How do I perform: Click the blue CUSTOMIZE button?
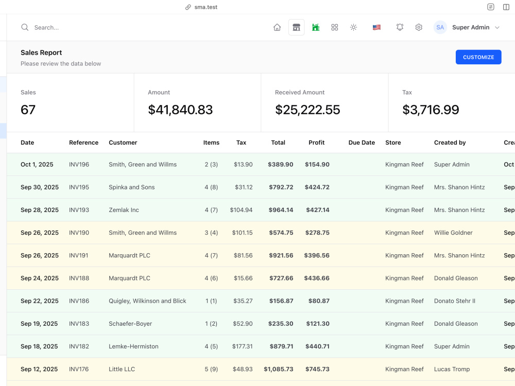pyautogui.click(x=478, y=57)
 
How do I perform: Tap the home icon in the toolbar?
pyautogui.click(x=277, y=27)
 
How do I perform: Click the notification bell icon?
pyautogui.click(x=400, y=27)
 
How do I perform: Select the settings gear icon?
pyautogui.click(x=418, y=27)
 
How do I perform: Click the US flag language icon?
pyautogui.click(x=377, y=27)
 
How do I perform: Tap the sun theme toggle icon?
pyautogui.click(x=353, y=27)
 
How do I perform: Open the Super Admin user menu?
pyautogui.click(x=471, y=27)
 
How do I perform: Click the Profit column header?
pyautogui.click(x=316, y=143)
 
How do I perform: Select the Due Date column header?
pyautogui.click(x=362, y=143)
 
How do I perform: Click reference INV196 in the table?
pyautogui.click(x=79, y=165)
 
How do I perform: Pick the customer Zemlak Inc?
pyautogui.click(x=124, y=210)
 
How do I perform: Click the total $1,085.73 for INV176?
pyautogui.click(x=279, y=369)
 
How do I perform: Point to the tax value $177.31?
pyautogui.click(x=243, y=346)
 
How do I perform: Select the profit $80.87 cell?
pyautogui.click(x=319, y=301)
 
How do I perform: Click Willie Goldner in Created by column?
pyautogui.click(x=453, y=233)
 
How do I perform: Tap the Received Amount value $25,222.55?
pyautogui.click(x=307, y=110)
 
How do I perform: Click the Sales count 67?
pyautogui.click(x=28, y=110)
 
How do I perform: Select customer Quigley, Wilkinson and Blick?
pyautogui.click(x=147, y=301)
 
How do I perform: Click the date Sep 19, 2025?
pyautogui.click(x=39, y=324)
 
